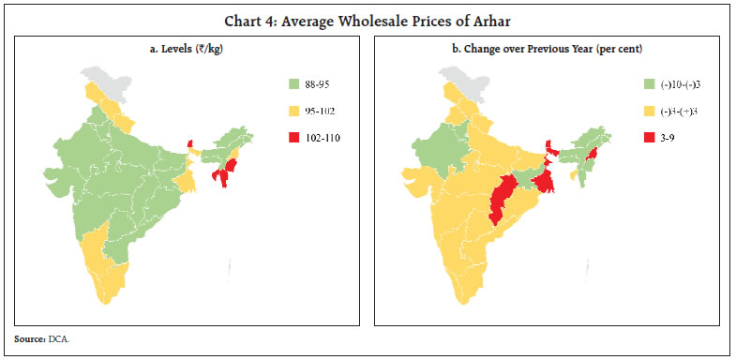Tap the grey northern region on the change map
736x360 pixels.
tap(466, 80)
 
